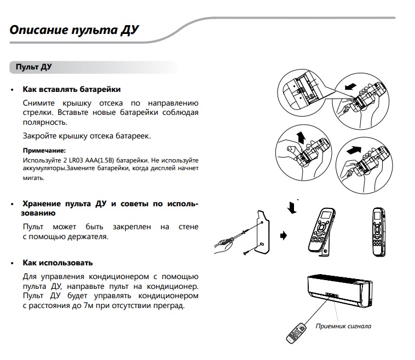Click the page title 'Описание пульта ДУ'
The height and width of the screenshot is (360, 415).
tap(74, 30)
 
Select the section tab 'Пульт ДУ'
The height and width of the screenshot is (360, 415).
tap(34, 67)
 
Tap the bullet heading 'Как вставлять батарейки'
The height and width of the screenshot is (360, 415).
tap(71, 89)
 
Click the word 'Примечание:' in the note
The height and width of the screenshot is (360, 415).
tap(44, 150)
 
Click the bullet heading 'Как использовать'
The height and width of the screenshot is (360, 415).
tap(57, 263)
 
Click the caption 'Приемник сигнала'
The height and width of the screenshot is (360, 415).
tap(343, 326)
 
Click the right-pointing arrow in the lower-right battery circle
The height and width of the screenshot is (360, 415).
tap(354, 148)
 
